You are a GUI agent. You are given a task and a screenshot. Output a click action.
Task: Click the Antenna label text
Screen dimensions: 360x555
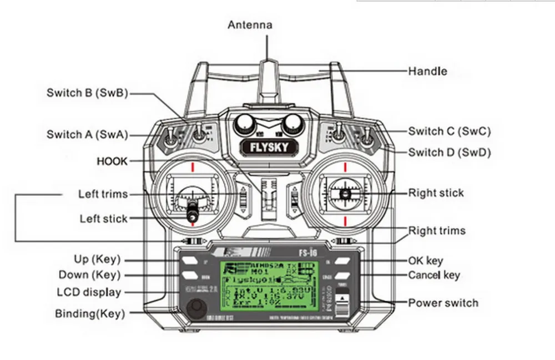pyautogui.click(x=250, y=25)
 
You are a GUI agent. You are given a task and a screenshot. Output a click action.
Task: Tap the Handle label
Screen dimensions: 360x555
pyautogui.click(x=427, y=71)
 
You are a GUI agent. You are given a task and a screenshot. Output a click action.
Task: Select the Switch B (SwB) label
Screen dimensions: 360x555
pyautogui.click(x=87, y=93)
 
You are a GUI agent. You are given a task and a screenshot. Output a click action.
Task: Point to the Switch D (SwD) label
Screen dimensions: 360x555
pyautogui.click(x=450, y=152)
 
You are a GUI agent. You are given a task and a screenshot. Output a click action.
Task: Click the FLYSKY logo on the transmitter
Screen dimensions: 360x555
pyautogui.click(x=268, y=148)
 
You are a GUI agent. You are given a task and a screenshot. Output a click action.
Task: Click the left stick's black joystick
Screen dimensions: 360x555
pyautogui.click(x=192, y=211)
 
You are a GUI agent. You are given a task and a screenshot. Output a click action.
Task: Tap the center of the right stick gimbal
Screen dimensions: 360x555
pyautogui.click(x=345, y=194)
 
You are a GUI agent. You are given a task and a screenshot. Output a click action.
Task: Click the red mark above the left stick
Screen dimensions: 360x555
pyautogui.click(x=192, y=166)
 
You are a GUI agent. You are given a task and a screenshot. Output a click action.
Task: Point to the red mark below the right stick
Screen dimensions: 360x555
pyautogui.click(x=345, y=222)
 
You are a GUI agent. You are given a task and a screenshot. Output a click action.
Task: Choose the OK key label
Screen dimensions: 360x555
pyautogui.click(x=426, y=261)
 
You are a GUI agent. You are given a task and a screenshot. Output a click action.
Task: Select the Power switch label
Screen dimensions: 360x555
pyautogui.click(x=443, y=303)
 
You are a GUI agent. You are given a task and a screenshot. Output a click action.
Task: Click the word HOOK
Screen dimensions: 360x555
pyautogui.click(x=112, y=161)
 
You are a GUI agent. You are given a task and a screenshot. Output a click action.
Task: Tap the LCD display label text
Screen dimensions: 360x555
pyautogui.click(x=89, y=292)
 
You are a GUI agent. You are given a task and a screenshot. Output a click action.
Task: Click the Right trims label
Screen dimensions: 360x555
pyautogui.click(x=437, y=230)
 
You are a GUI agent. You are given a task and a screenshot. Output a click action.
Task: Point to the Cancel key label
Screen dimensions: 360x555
pyautogui.click(x=434, y=275)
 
